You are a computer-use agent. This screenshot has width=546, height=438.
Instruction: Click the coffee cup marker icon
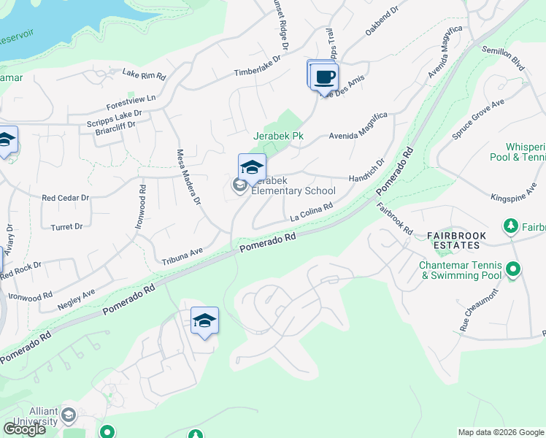click(325, 77)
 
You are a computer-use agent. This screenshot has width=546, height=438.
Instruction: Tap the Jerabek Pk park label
click(277, 136)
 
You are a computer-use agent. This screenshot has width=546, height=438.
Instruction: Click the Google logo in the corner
click(24, 429)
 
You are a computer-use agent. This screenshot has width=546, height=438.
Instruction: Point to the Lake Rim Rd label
click(144, 74)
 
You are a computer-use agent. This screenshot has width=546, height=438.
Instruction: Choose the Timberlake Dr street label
click(257, 67)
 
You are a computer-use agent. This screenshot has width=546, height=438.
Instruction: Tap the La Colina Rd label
click(311, 211)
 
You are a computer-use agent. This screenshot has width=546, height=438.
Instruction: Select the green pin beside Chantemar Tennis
click(513, 270)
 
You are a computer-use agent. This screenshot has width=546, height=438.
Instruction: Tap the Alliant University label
click(33, 416)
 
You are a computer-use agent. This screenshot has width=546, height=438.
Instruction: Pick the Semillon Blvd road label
click(504, 58)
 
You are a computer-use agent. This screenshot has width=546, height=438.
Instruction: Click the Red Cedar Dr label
click(65, 198)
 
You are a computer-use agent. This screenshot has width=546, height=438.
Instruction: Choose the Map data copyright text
click(500, 432)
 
